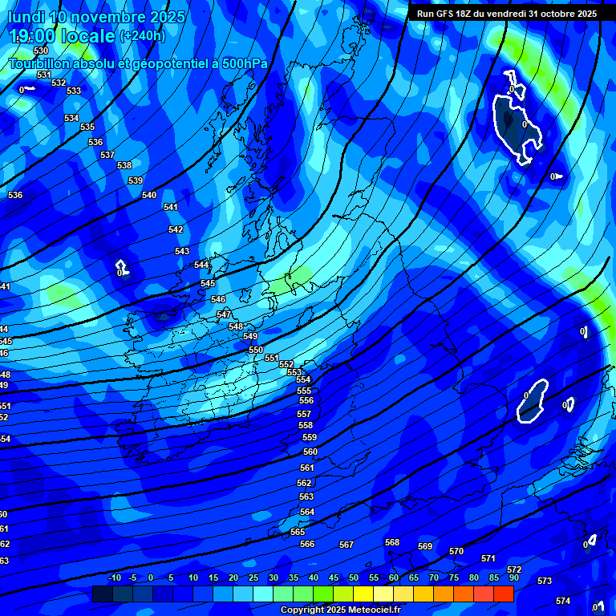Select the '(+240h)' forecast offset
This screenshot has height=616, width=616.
(142, 36)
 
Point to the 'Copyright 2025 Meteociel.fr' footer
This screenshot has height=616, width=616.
(340, 610)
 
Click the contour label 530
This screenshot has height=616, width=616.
(41, 51)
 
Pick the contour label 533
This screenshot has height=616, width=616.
(74, 91)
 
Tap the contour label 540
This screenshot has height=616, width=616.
(149, 195)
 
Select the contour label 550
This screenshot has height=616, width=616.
(256, 350)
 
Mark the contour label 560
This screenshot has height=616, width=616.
(310, 452)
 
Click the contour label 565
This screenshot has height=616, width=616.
(298, 532)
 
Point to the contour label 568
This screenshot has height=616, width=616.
(392, 542)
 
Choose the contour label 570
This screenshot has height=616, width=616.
(456, 551)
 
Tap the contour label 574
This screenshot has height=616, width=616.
(563, 601)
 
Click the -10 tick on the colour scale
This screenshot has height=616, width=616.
(114, 577)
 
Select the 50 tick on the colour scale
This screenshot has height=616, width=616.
(354, 577)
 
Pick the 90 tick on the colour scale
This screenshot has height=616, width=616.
(513, 577)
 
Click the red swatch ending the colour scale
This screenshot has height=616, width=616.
(504, 594)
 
